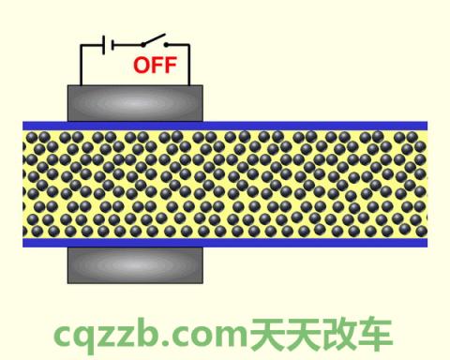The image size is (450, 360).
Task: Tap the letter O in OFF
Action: [140, 66]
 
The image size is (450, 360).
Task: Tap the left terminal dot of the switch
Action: [143, 44]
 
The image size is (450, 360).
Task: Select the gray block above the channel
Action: [135, 102]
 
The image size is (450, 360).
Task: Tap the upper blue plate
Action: [225, 126]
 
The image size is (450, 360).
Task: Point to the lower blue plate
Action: [225, 243]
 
